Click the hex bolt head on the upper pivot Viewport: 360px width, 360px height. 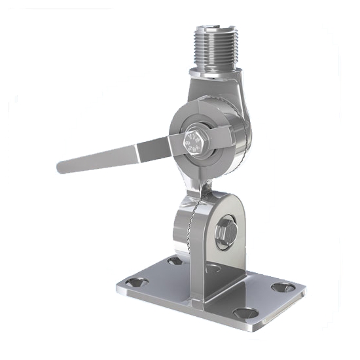click(193, 139)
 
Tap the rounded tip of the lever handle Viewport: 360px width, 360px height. click(62, 167)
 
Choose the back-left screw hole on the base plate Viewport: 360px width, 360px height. click(174, 261)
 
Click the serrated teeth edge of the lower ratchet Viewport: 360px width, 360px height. click(192, 226)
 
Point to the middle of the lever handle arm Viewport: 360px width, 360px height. click(105, 157)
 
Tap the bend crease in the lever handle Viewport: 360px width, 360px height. click(138, 151)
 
